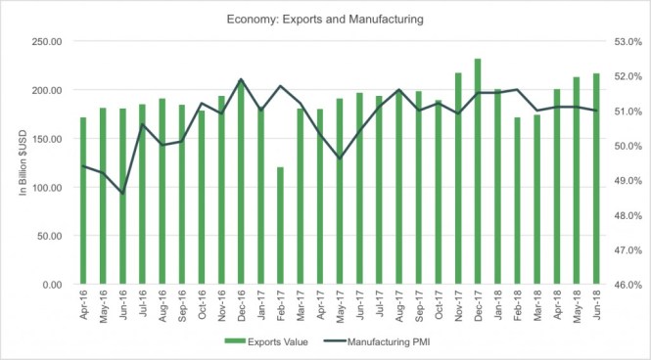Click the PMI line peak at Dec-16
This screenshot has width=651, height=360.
241,80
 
